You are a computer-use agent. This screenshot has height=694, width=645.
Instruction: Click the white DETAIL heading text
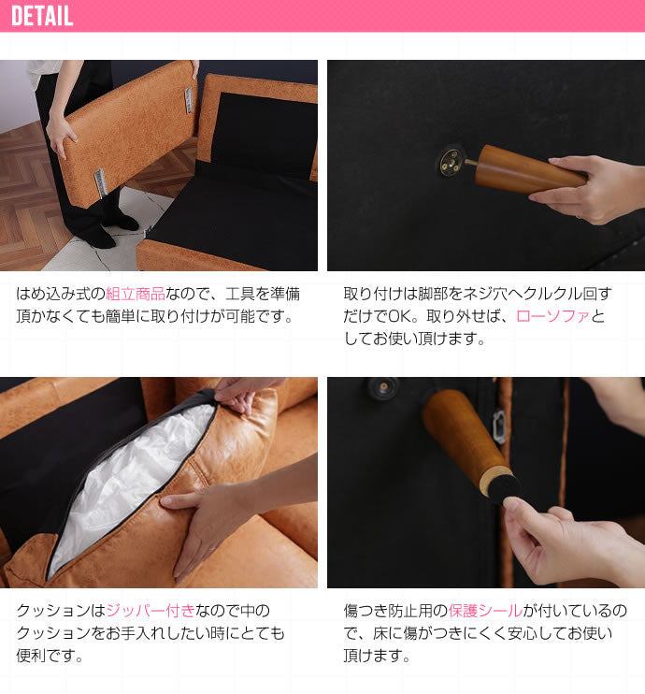point(42,16)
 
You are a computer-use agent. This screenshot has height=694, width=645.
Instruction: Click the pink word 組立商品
point(136,294)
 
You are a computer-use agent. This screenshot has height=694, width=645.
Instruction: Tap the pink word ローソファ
point(553,316)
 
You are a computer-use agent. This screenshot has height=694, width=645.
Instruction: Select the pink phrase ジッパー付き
point(150,611)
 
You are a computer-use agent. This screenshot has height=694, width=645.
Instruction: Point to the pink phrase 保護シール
point(485,611)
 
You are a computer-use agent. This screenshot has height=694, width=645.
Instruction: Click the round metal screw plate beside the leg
point(451,160)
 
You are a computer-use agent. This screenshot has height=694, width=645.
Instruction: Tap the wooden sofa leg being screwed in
point(526,170)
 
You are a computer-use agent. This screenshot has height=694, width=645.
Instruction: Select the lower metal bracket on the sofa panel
point(100,182)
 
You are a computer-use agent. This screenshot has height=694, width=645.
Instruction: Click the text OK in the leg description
point(399,316)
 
